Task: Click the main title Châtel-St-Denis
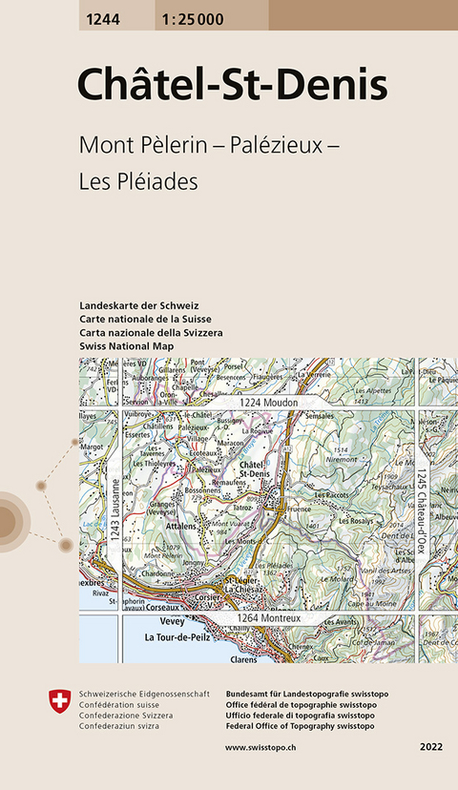[x=232, y=85]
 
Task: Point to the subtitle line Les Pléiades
[x=138, y=181]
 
